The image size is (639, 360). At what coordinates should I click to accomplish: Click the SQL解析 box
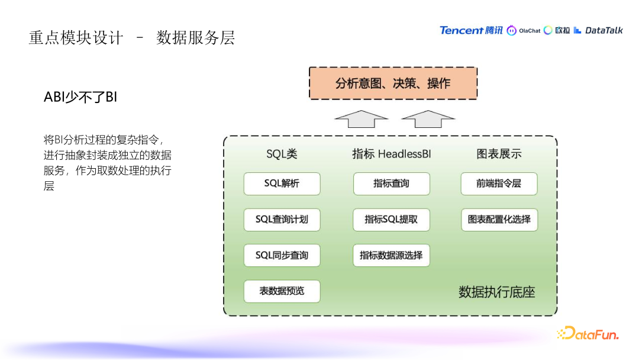coord(282,184)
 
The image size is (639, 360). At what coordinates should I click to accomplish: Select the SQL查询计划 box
coord(282,220)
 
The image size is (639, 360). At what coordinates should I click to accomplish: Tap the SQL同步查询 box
coord(282,255)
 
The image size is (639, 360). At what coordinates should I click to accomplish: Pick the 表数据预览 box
coord(282,291)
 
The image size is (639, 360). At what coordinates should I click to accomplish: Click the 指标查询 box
coord(391,184)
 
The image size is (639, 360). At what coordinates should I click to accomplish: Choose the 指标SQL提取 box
coord(391,220)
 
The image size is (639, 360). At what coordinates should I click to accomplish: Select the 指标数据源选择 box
coord(391,255)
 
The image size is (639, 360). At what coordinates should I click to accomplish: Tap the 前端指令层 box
coord(499,184)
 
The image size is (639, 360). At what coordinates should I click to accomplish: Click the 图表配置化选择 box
coord(499,220)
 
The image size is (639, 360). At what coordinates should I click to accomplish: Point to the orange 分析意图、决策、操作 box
coord(393,83)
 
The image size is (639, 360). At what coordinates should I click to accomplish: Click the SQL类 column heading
coord(282,154)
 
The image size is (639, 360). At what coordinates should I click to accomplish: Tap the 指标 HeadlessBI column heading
coord(391,154)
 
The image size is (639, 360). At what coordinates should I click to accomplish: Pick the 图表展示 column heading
coord(499,154)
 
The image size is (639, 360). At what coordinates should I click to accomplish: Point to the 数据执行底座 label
coord(496,292)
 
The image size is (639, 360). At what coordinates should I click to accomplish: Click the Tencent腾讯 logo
coord(471,30)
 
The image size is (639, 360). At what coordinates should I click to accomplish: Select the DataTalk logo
coord(598,30)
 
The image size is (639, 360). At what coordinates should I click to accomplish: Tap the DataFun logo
coord(588,333)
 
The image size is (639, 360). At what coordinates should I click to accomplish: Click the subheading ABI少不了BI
coord(80,97)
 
